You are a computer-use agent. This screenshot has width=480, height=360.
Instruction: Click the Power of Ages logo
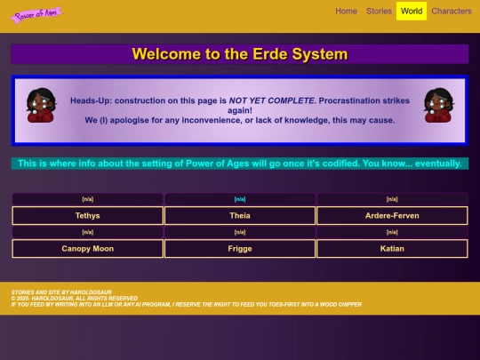36,14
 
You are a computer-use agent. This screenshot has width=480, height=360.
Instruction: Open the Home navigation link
347,12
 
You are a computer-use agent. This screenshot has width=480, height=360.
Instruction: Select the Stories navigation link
379,12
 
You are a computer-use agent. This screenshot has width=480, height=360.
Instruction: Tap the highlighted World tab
412,12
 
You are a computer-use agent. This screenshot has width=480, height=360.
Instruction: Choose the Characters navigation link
452,12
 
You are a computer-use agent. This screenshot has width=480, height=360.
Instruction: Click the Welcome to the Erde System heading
240,54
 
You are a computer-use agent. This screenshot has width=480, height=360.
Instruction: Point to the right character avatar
439,105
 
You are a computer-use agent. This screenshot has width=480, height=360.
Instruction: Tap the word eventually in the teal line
434,164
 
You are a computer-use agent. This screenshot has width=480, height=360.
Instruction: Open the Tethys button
88,215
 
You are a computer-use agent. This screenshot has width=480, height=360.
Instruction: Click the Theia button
240,215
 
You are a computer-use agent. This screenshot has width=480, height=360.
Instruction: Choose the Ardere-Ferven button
392,215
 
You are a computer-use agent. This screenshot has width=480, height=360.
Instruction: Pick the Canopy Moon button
88,249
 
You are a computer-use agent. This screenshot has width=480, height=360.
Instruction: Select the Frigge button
240,249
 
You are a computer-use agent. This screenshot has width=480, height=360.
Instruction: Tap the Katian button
392,249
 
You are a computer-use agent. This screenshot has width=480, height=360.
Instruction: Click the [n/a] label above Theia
240,199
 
